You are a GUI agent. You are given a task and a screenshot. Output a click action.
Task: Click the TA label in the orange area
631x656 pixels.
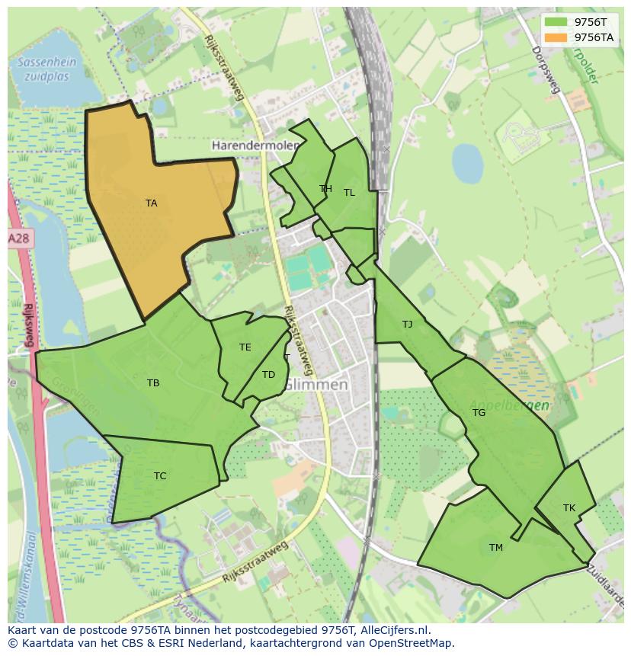(x=151, y=203)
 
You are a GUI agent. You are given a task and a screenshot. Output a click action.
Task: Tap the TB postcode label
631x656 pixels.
(x=153, y=383)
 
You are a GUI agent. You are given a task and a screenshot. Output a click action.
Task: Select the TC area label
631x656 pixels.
(x=160, y=476)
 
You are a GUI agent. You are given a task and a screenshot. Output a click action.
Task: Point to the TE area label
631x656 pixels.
(x=245, y=347)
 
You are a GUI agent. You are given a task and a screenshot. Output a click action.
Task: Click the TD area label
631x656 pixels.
(x=268, y=375)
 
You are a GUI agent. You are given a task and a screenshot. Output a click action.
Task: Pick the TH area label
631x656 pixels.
(x=325, y=189)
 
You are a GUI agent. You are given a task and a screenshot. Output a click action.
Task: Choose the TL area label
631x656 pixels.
(x=349, y=193)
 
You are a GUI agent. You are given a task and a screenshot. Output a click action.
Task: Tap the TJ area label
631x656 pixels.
(x=407, y=325)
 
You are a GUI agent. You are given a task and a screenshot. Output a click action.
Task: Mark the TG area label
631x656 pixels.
(x=479, y=413)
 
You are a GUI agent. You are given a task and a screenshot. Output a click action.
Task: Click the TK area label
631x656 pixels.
(x=569, y=508)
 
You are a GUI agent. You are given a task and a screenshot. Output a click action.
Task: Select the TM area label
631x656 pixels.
(x=496, y=548)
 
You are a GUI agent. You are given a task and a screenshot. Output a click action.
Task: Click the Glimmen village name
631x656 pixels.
(x=316, y=386)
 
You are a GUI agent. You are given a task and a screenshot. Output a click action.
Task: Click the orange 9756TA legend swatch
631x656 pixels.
(x=556, y=37)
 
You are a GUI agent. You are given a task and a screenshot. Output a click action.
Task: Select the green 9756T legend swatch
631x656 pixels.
(x=556, y=22)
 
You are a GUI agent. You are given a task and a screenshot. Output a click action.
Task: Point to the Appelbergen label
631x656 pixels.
(x=509, y=405)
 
